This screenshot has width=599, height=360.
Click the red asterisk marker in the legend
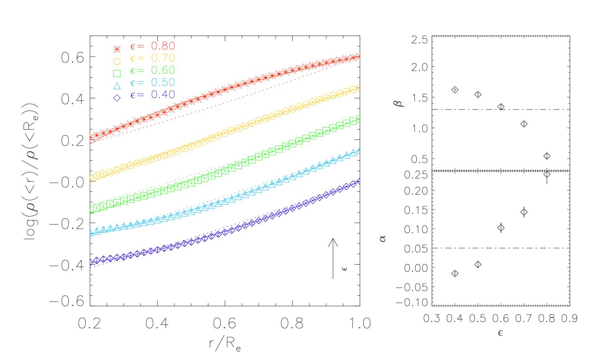pyautogui.click(x=117, y=49)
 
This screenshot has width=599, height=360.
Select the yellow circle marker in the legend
pyautogui.click(x=117, y=61)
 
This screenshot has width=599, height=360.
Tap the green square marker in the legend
pyautogui.click(x=117, y=73)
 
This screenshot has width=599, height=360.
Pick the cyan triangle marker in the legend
pyautogui.click(x=117, y=86)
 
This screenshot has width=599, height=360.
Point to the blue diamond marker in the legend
pyautogui.click(x=117, y=98)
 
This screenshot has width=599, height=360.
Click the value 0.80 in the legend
pyautogui.click(x=163, y=46)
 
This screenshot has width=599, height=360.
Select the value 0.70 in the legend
pyautogui.click(x=163, y=58)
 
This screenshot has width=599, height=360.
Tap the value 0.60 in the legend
pyautogui.click(x=163, y=71)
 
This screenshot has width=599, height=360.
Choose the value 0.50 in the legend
pyautogui.click(x=163, y=83)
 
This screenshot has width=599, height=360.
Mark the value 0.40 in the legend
pyautogui.click(x=163, y=95)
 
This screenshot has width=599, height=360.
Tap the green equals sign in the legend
pyautogui.click(x=141, y=71)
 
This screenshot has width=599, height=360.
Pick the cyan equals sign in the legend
pyautogui.click(x=141, y=83)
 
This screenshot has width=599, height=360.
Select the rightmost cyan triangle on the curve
pyautogui.click(x=353, y=152)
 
